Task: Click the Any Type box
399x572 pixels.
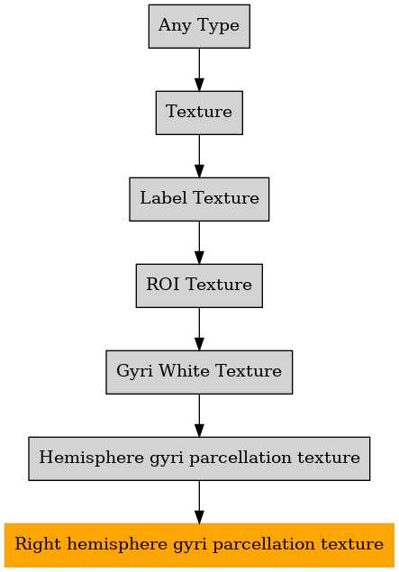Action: coord(199,26)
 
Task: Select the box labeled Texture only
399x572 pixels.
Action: coord(199,113)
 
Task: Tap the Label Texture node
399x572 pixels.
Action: coord(199,199)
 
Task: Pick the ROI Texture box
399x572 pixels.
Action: coord(199,286)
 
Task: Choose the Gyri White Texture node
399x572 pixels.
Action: coord(199,372)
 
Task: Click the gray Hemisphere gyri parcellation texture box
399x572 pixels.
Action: coord(199,459)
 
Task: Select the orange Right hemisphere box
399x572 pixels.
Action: coord(199,545)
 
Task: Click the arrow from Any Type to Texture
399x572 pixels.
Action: coord(199,69)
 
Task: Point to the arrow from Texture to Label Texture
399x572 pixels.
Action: coord(199,156)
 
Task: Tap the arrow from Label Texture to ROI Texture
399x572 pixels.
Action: coord(199,242)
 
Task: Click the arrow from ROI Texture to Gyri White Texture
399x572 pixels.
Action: coord(199,329)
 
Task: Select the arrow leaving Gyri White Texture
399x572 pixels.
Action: coord(199,415)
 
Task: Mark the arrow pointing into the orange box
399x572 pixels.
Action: coord(199,502)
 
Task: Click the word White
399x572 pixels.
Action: coord(184,370)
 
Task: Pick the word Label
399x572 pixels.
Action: coord(164,197)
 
